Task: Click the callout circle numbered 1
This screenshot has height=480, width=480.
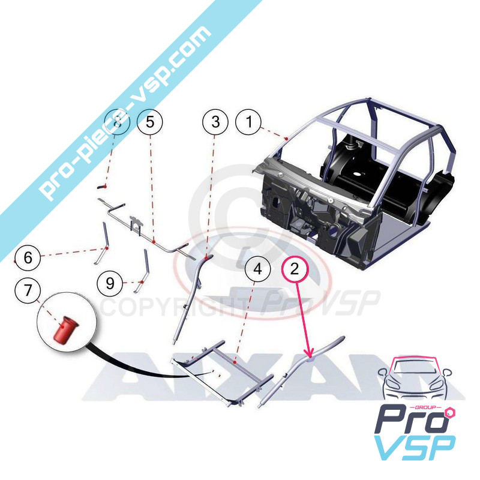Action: [248, 122]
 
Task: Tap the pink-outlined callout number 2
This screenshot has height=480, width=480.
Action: [294, 268]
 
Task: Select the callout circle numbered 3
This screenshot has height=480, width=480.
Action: [215, 122]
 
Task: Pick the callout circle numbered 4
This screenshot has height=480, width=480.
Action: [257, 269]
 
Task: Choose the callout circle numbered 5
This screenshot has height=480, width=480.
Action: [150, 122]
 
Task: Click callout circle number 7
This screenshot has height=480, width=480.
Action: [28, 292]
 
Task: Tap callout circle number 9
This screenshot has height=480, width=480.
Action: [110, 283]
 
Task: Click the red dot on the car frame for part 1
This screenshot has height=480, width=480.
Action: [287, 138]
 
